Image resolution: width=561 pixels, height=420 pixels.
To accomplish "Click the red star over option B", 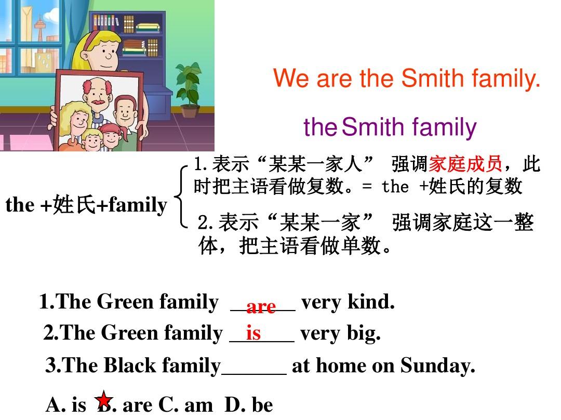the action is pos(104,399).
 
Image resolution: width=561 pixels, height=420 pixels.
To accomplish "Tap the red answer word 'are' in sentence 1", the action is pos(261,307).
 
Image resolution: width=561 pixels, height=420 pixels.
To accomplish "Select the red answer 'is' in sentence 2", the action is pos(253,333).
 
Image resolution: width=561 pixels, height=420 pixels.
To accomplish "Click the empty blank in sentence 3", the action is pos(254,373).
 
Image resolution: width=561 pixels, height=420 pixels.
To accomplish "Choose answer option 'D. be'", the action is pos(249,404).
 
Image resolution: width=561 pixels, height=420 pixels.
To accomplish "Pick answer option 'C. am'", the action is pos(185,404).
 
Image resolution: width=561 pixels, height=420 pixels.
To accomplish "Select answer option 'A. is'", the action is pos(66,404).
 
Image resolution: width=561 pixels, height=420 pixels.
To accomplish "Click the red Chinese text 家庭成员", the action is pos(465,164).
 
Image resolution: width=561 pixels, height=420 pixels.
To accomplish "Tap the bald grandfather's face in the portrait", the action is pos(98,95).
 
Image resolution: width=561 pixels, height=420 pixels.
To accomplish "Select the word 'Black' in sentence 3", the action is pos(130,366).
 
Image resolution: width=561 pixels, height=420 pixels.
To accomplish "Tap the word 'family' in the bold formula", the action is pos(138,205).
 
